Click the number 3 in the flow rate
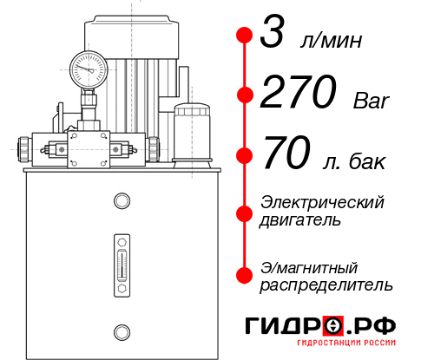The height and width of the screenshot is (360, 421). [273, 37]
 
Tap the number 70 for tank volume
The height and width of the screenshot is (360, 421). [287, 156]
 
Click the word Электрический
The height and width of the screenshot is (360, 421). [322, 202]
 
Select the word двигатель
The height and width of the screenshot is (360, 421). [300, 220]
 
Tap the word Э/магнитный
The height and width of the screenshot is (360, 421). [310, 266]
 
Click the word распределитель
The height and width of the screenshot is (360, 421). [326, 285]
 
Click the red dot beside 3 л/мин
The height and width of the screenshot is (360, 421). [245, 36]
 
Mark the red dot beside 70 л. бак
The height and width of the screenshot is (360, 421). [245, 155]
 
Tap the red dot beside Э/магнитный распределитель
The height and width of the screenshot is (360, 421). [245, 274]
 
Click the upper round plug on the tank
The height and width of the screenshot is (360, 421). [121, 202]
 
